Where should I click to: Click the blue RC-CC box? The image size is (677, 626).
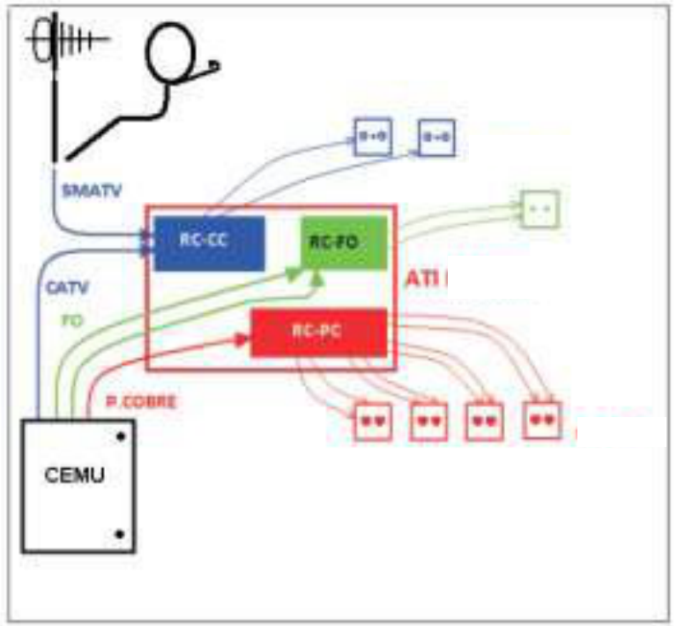click(x=209, y=242)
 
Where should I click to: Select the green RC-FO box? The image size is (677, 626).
click(x=343, y=241)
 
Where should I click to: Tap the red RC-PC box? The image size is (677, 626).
click(x=318, y=332)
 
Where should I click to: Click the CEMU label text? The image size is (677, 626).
click(x=75, y=476)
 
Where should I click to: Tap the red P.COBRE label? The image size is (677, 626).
click(x=137, y=401)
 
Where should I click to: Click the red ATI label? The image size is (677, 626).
click(x=425, y=279)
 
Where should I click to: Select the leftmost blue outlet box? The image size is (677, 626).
click(x=373, y=137)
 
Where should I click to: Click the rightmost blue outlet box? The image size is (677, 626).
click(x=436, y=138)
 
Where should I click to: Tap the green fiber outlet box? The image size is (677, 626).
click(x=539, y=210)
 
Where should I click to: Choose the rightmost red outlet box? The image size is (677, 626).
click(x=541, y=420)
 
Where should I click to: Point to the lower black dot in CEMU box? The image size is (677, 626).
click(x=119, y=533)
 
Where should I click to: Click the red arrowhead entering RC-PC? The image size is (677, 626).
click(x=242, y=338)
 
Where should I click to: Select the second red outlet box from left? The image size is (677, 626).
click(x=430, y=421)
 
